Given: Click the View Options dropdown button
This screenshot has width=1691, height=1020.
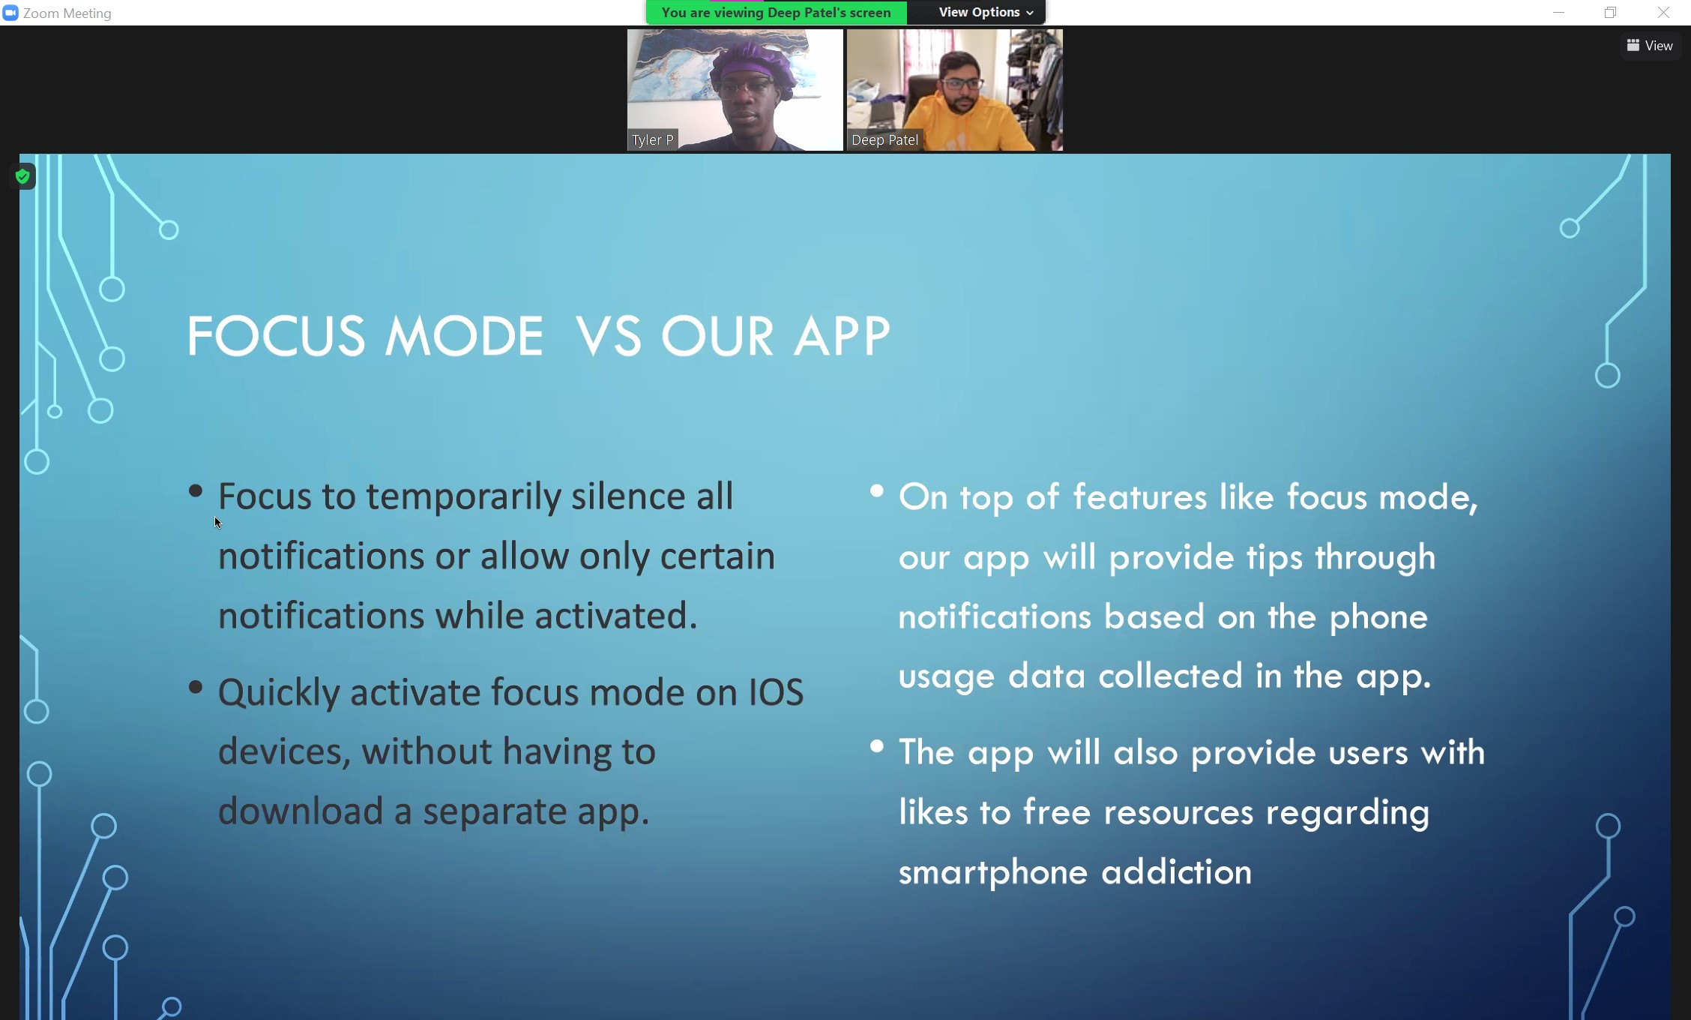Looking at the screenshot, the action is pos(986,13).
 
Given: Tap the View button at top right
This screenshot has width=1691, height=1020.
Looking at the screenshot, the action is pos(1650,46).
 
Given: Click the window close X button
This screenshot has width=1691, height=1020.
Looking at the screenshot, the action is pos(1663,13).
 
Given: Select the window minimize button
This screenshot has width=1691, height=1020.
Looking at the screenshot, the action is pos(1558,13).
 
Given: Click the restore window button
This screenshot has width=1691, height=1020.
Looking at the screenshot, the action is pos(1610,13).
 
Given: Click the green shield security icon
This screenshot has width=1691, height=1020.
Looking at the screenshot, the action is pos(23,177).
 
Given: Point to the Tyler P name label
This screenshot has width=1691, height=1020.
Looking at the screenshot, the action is pos(653,139).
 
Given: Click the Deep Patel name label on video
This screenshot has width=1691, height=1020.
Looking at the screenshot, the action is pos(884,139).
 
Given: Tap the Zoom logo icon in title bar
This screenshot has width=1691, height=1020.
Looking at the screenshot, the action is pos(10,13).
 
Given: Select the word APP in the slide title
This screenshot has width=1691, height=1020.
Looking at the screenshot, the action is pos(843,336).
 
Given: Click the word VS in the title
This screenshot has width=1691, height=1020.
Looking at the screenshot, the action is pos(608,336).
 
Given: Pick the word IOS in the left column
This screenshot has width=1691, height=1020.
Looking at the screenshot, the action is pos(776,692).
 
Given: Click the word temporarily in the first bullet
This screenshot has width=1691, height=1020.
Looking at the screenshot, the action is pos(463,498).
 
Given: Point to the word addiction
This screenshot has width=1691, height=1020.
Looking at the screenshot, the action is pos(1177,872).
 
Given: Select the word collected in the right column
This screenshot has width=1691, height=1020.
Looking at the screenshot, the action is pos(1171,675).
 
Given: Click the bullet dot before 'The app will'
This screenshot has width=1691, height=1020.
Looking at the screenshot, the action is pos(877,746).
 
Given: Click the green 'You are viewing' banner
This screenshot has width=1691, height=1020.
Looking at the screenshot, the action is pos(777,13).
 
